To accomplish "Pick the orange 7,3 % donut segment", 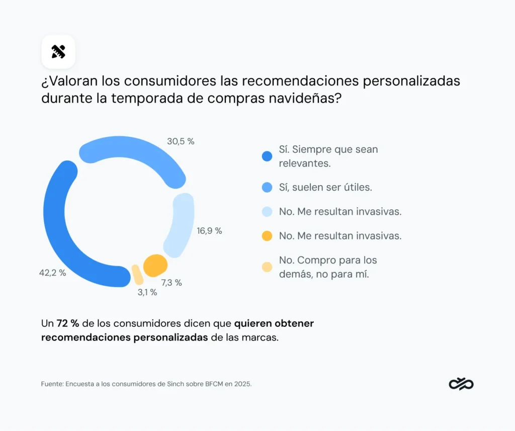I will point(155,265).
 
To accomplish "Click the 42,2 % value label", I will point(53,273).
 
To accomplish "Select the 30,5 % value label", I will point(181,141).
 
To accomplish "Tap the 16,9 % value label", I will point(209,231).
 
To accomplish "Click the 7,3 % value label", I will point(171,283).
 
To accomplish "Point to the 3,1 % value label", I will point(147,292).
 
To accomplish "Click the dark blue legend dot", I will point(267,156).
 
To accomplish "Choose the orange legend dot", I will point(267,236).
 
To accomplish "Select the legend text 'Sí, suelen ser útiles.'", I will point(325,187).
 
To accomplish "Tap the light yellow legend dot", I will point(267,267).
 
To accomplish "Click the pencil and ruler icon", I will point(58,52).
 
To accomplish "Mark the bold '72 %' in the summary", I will point(67,323).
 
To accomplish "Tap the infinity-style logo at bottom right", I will point(461,384).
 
